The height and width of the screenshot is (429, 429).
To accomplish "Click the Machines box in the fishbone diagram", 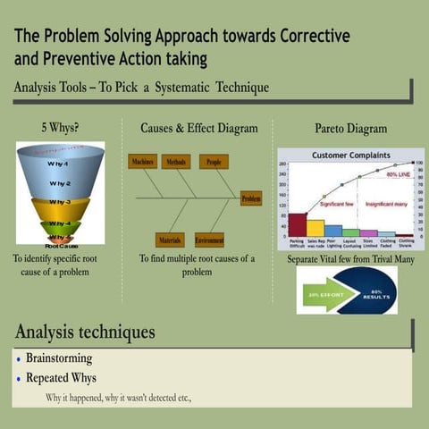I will (x=142, y=162).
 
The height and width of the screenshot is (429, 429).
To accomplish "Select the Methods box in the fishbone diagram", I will (x=177, y=162).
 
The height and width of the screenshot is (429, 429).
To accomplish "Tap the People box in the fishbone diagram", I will (x=214, y=162).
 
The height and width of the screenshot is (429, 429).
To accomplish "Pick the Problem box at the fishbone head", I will (x=251, y=198).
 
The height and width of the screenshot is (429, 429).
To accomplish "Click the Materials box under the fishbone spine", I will (x=170, y=240).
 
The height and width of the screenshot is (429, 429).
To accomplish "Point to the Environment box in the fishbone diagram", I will (x=209, y=240).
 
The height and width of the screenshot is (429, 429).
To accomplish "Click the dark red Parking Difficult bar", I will (x=297, y=224).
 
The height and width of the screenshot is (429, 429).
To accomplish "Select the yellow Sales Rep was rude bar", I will (x=315, y=228).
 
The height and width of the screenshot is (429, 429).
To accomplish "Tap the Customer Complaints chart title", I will (x=349, y=156).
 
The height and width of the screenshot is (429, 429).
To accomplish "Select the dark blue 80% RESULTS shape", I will (x=371, y=291).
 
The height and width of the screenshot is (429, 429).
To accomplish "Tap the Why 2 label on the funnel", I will (x=60, y=183).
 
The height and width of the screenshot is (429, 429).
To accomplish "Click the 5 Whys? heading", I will (x=60, y=128).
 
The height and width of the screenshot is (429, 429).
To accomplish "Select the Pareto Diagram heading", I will (x=344, y=129).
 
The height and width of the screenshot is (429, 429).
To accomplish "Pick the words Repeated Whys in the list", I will (x=61, y=378).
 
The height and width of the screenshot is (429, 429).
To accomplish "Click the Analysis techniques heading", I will (x=85, y=332).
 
